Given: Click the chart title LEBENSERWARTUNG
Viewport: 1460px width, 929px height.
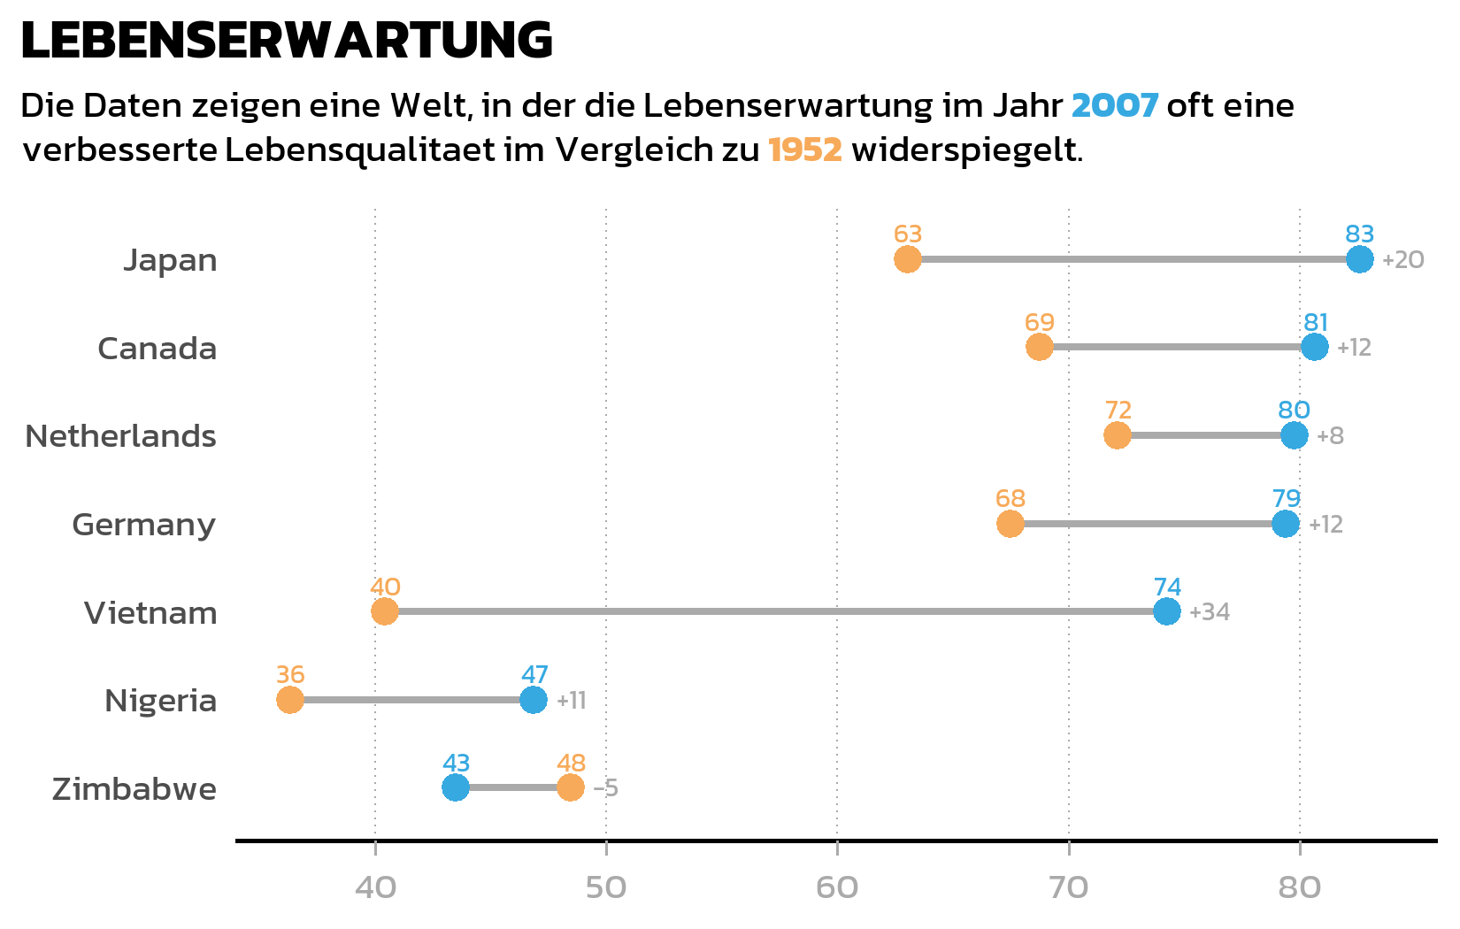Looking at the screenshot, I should pos(287,41).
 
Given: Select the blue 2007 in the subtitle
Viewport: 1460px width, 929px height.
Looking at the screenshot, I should pos(1114,106).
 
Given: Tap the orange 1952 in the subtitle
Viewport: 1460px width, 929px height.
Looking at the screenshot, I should pos(804,150).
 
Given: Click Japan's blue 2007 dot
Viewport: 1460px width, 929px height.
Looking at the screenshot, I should pos(1359,259).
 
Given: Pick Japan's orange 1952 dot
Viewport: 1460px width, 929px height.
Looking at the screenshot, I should pos(908,259).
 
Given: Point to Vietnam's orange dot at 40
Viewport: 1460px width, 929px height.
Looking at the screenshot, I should pos(384,611).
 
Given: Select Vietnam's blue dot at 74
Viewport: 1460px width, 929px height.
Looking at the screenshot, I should pos(1167,611).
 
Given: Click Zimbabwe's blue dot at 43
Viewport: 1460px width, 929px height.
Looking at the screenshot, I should pos(456,787).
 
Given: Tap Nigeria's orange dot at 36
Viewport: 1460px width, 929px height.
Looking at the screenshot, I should pos(290,700).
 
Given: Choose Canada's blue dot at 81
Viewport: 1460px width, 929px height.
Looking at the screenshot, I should pos(1315,347).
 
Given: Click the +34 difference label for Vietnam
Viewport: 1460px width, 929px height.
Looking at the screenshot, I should pos(1210,612).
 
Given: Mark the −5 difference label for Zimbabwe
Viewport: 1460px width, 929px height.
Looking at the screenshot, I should pos(606,788).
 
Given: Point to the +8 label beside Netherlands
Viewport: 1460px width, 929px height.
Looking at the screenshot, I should pos(1330,436).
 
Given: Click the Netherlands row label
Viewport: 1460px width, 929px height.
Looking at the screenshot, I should pos(121,436).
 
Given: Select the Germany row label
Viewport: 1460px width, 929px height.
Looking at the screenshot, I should pos(144,525).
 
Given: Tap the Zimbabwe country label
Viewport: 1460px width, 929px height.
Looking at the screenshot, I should pos(134,788).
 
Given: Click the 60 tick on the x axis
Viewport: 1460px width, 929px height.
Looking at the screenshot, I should pos(837,887).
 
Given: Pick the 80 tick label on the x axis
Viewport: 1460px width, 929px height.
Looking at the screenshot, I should pos(1300,887).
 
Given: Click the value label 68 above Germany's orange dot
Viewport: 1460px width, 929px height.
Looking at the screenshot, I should pos(1010,499).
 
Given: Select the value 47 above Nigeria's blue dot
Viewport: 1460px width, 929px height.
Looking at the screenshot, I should pos(534,675).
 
